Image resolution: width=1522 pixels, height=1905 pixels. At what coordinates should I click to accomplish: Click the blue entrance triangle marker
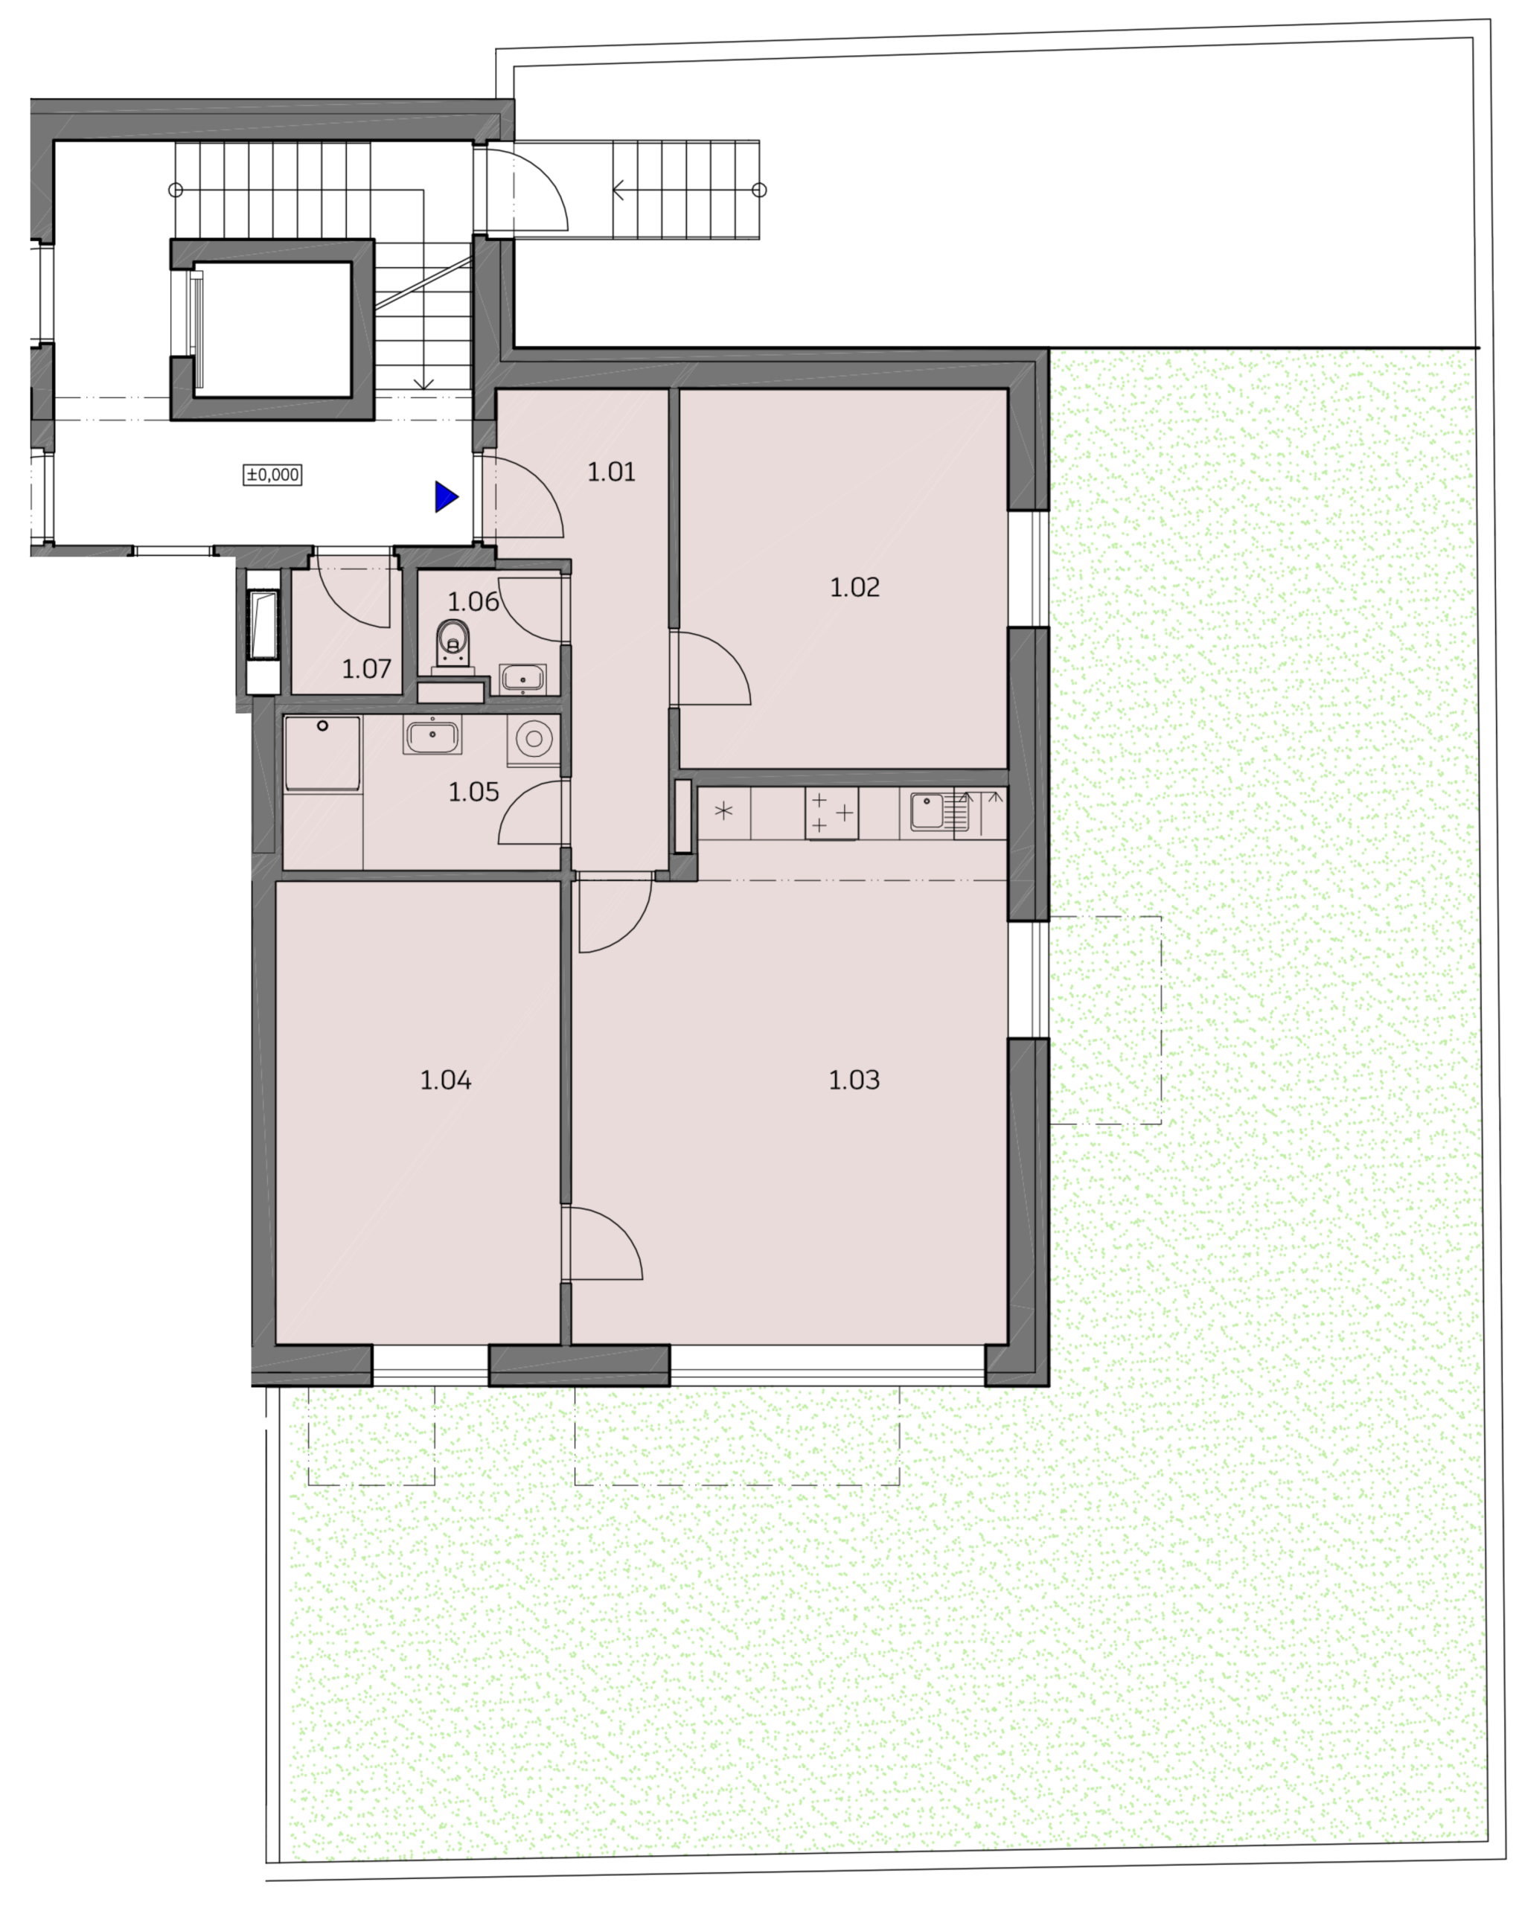point(446,497)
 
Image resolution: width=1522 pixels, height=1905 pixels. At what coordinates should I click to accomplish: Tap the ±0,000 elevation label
point(272,475)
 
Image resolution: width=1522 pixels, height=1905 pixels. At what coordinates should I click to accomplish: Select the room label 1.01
point(612,472)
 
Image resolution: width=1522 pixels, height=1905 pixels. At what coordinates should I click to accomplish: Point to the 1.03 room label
point(854,1080)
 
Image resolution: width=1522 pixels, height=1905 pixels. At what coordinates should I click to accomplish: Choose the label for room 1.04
point(446,1080)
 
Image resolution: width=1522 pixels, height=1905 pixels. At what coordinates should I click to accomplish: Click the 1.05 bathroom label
point(474,792)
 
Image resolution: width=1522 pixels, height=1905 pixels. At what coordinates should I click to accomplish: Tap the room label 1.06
point(474,602)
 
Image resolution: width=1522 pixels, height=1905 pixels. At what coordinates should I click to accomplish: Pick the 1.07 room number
point(367,668)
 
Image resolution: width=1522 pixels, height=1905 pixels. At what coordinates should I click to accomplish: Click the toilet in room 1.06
point(453,643)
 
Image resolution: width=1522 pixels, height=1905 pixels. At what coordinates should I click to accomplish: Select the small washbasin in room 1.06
point(522,679)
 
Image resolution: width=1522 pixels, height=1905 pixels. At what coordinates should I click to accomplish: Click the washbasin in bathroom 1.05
point(432,735)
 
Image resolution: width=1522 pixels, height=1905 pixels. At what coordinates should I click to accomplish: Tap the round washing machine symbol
point(534,739)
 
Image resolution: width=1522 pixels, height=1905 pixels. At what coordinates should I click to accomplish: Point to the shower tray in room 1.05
point(322,754)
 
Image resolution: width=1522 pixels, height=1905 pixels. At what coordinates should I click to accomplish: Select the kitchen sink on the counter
point(935,812)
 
